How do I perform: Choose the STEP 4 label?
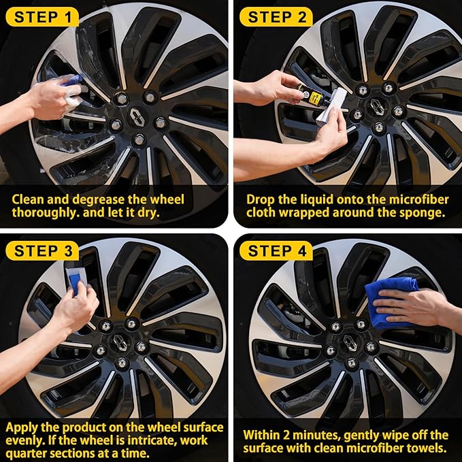(x=276, y=250)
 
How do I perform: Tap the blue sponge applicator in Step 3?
(x=76, y=279)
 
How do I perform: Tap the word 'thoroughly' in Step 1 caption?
(x=42, y=213)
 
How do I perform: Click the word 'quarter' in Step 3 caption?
(x=29, y=453)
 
